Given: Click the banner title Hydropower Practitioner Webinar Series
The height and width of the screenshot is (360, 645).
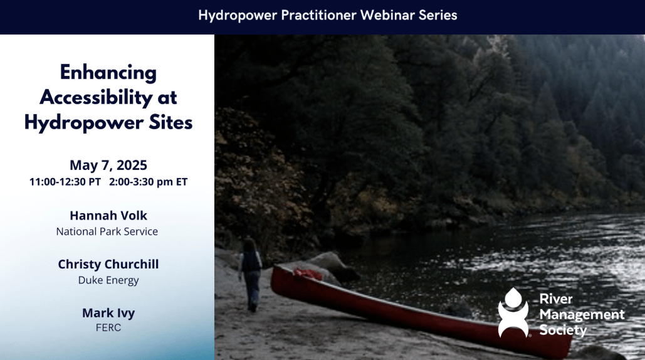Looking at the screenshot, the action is point(327,16).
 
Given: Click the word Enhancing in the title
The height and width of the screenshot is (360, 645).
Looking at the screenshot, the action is point(108,73).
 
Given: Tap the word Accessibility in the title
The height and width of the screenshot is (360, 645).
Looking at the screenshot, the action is point(97,98).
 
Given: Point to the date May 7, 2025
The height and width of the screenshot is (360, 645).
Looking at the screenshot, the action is point(108,165).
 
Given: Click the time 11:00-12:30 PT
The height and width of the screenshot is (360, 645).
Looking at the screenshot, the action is point(65,182).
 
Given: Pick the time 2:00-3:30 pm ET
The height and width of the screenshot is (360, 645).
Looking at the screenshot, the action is point(148,182).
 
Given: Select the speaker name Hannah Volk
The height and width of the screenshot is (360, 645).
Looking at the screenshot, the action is point(108,216).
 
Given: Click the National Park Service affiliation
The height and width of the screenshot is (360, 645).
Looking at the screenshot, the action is point(107,231).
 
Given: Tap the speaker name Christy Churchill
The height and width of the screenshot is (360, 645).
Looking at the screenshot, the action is point(108,264).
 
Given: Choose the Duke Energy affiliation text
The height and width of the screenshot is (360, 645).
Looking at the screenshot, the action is point(108,280).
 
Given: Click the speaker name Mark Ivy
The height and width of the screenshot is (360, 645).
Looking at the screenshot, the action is point(108,313).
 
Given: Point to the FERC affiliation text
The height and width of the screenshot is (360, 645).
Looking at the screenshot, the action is point(108,327).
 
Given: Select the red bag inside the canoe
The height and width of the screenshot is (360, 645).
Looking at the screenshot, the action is point(307,273).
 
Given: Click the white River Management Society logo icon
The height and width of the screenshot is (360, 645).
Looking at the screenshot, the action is point(513,313).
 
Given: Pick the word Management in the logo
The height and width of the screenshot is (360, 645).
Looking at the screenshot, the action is point(582,315).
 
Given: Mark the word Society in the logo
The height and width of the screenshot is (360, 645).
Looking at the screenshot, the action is point(563,331).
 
